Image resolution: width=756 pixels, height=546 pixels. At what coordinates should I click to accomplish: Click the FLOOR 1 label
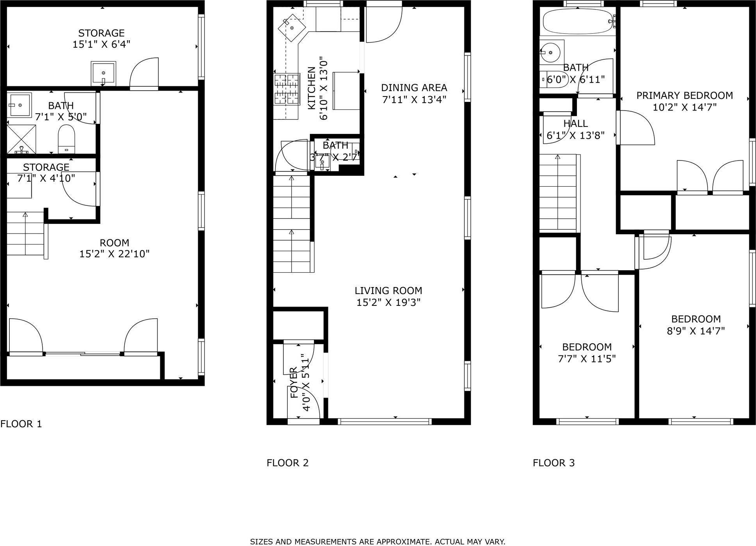tap(21, 424)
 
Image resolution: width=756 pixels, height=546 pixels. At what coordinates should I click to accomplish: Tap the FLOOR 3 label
tap(554, 463)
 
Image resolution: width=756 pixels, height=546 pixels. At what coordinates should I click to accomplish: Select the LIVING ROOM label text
tap(388, 291)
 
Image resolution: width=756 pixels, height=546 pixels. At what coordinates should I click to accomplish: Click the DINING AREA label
tap(414, 87)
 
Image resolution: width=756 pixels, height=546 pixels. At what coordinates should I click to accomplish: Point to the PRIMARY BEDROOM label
tap(684, 95)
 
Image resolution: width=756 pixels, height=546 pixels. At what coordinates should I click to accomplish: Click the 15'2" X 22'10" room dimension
tap(115, 254)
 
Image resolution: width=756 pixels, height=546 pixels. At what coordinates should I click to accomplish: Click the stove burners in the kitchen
tap(286, 90)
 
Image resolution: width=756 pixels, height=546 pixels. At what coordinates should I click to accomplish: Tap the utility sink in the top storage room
tap(103, 73)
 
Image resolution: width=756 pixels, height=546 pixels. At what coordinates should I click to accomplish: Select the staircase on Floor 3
tap(558, 192)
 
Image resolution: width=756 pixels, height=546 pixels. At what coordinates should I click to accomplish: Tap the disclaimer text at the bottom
tap(378, 542)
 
